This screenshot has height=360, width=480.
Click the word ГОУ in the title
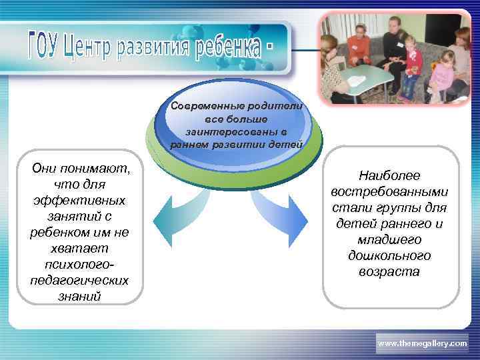click(43, 45)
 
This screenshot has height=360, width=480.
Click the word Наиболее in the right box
click(389, 175)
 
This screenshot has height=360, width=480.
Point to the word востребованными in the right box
click(389, 191)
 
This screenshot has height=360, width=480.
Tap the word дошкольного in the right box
click(389, 255)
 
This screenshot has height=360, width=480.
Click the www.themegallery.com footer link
click(422, 343)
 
